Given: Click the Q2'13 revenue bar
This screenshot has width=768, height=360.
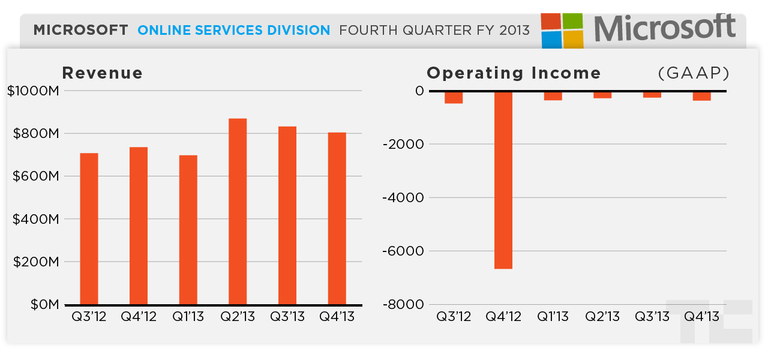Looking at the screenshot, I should [238, 211].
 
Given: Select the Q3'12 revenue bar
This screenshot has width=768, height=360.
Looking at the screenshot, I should [89, 229].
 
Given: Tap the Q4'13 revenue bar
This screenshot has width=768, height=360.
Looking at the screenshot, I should [337, 218].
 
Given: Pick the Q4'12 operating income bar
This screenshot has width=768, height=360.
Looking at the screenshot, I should [503, 180].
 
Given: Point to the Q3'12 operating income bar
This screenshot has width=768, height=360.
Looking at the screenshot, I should [454, 97].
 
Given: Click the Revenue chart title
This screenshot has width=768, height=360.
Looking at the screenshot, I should [103, 73].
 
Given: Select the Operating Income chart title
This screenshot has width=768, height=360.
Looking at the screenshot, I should [514, 73].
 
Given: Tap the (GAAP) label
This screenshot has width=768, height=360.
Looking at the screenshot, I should [694, 73].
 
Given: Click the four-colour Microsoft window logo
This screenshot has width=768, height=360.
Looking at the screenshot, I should [562, 31].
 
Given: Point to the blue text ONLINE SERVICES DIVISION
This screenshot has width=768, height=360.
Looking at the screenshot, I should [233, 30].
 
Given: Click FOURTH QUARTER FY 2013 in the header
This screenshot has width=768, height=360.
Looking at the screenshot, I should [434, 30].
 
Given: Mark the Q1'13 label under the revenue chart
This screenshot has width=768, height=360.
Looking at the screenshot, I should [188, 317].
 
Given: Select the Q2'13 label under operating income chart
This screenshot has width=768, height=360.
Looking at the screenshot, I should [602, 317].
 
